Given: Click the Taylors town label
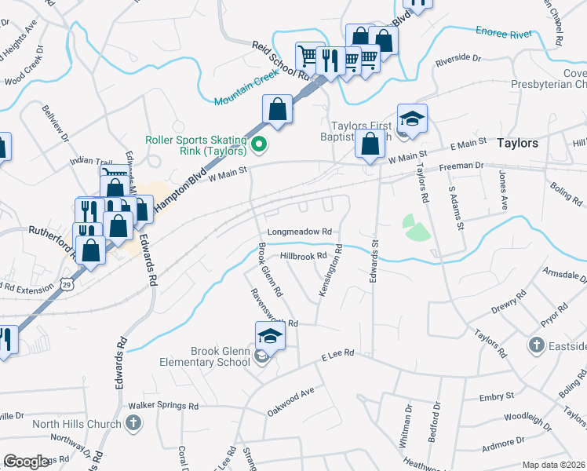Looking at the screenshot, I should click(518, 144).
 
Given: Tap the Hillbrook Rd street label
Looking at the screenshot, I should click(302, 257).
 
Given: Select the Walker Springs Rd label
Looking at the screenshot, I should click(166, 406).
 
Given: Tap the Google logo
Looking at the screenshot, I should click(27, 461).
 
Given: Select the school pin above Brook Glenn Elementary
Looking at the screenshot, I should click(270, 337).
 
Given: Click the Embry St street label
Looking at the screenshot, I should click(498, 396).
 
